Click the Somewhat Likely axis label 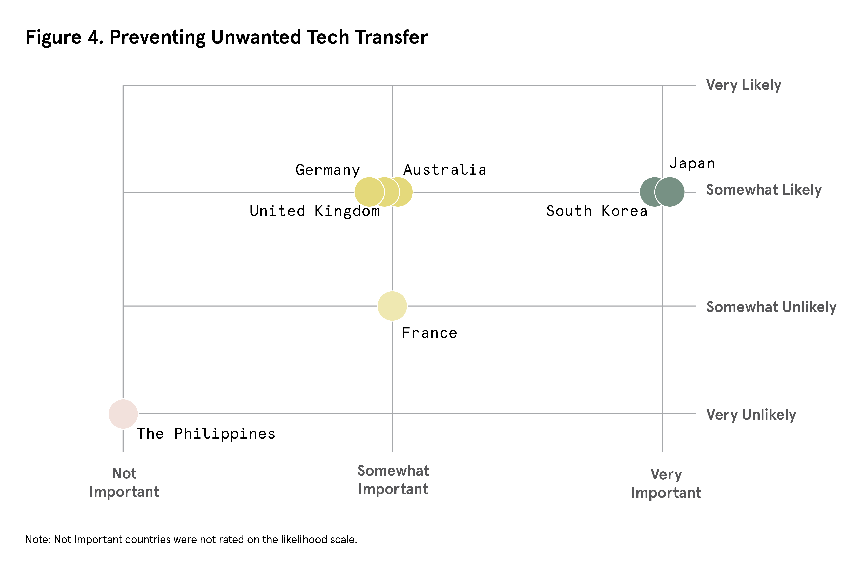pos(763,190)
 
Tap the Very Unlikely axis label pos(751,415)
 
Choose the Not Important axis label pos(124,483)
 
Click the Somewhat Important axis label pos(393,480)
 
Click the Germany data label pos(327,170)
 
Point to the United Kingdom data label pos(315,211)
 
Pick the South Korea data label pos(597,211)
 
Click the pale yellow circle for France pos(392,306)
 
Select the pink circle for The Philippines pos(123,414)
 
